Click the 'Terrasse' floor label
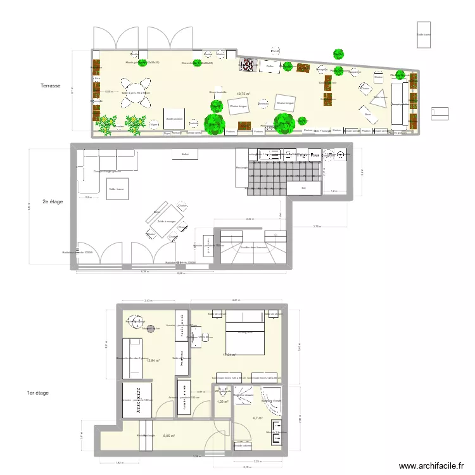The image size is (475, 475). coord(50,85)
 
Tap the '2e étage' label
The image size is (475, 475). coord(53,202)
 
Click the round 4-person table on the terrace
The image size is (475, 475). coord(136,92)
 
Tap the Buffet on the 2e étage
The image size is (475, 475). coord(185,154)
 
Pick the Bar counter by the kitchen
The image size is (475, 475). coord(303,188)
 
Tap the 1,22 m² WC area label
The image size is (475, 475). coord(222,402)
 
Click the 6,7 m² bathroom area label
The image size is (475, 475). coord(258,418)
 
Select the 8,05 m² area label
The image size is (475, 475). coord(168,436)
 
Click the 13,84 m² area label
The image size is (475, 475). coord(154,360)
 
